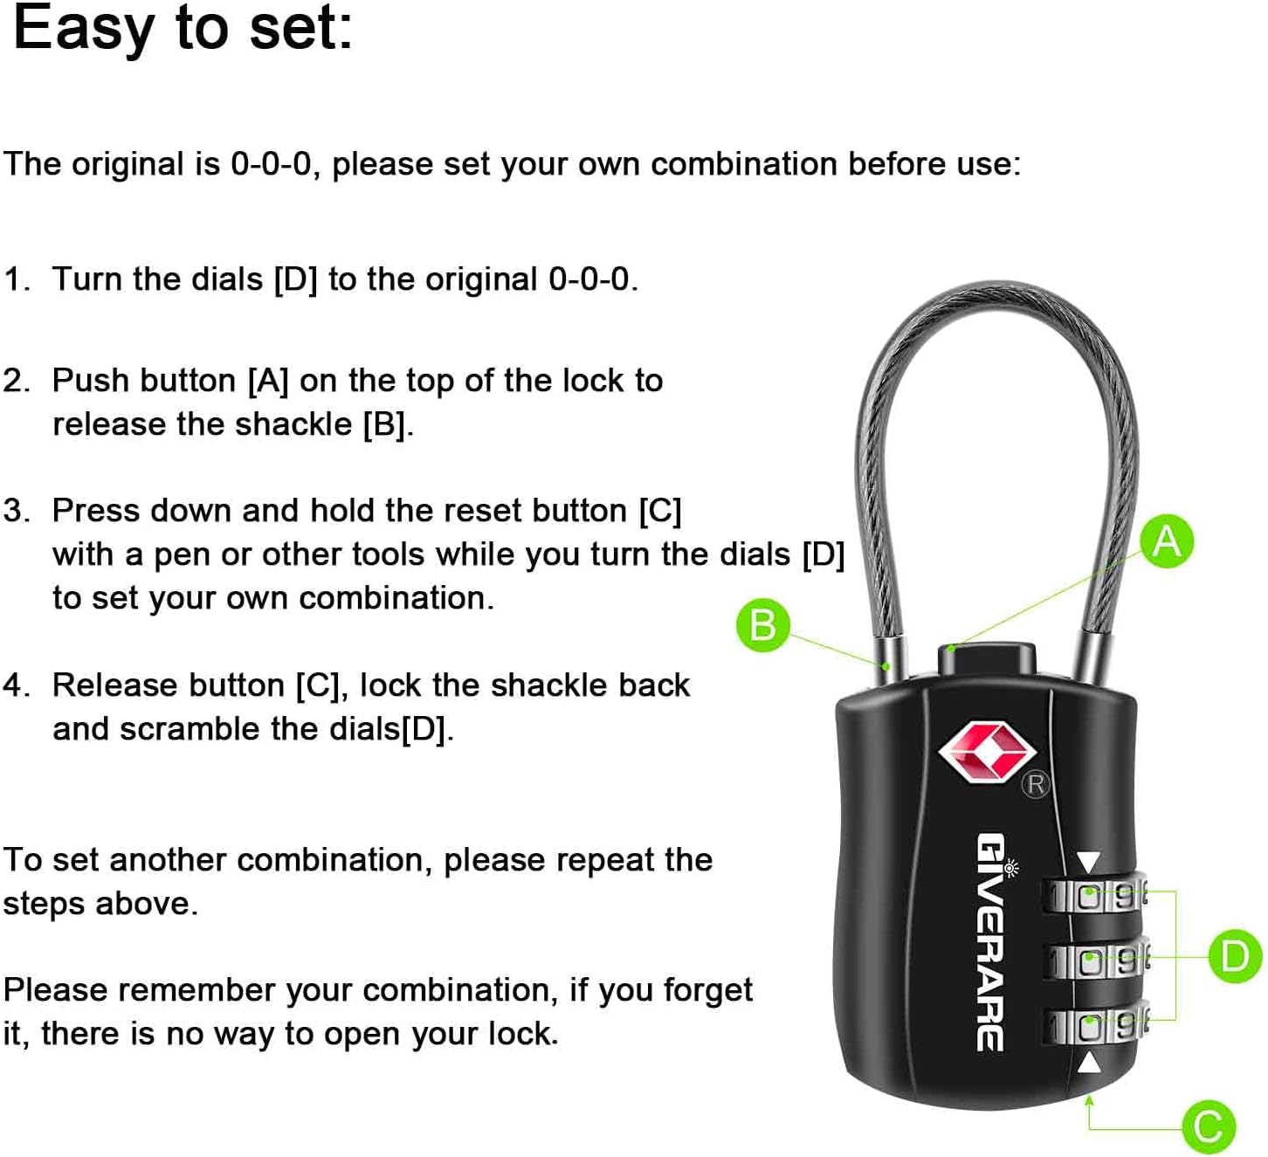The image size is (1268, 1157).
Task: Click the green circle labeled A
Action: pos(1167,541)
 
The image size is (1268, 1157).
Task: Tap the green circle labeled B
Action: pos(762,625)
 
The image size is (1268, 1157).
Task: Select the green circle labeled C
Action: pos(1209,1126)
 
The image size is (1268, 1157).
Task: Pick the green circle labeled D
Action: pos(1235,957)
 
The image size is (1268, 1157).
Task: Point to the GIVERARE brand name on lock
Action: pos(990,942)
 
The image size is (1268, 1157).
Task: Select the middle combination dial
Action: pos(1095,961)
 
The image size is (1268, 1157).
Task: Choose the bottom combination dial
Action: pos(1095,1026)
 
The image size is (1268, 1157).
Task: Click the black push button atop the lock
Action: pos(987,658)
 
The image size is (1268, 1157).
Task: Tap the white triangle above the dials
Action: pos(1088,862)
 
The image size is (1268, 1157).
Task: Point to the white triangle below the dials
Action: pos(1088,1063)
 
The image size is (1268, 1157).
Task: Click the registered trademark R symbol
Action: pos(1036,784)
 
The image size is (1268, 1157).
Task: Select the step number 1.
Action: pos(14,279)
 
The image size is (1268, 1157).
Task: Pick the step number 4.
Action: pos(15,685)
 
